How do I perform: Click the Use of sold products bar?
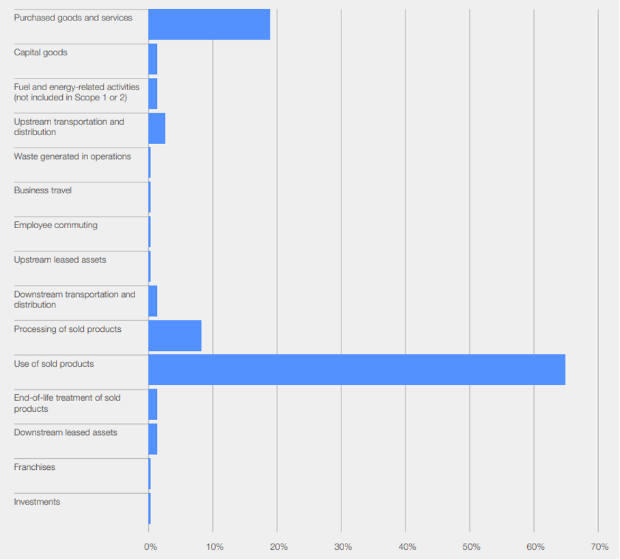click(356, 369)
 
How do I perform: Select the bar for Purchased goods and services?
click(209, 25)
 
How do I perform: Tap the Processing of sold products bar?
click(175, 335)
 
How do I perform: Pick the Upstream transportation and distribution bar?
click(156, 128)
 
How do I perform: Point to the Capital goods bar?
click(153, 59)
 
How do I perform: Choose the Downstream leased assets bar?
click(153, 439)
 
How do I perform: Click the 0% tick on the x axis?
click(150, 547)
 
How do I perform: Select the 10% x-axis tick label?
click(214, 547)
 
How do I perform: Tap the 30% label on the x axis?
click(343, 547)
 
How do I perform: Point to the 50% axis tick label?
click(471, 547)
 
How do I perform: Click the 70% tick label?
click(600, 547)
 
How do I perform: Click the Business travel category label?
click(42, 191)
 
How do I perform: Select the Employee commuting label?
click(55, 225)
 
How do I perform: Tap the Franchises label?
click(34, 467)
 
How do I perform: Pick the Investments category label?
click(37, 502)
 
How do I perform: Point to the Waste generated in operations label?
click(72, 156)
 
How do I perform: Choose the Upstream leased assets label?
click(60, 260)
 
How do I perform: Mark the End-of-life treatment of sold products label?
click(67, 403)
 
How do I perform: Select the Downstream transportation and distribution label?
click(74, 299)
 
